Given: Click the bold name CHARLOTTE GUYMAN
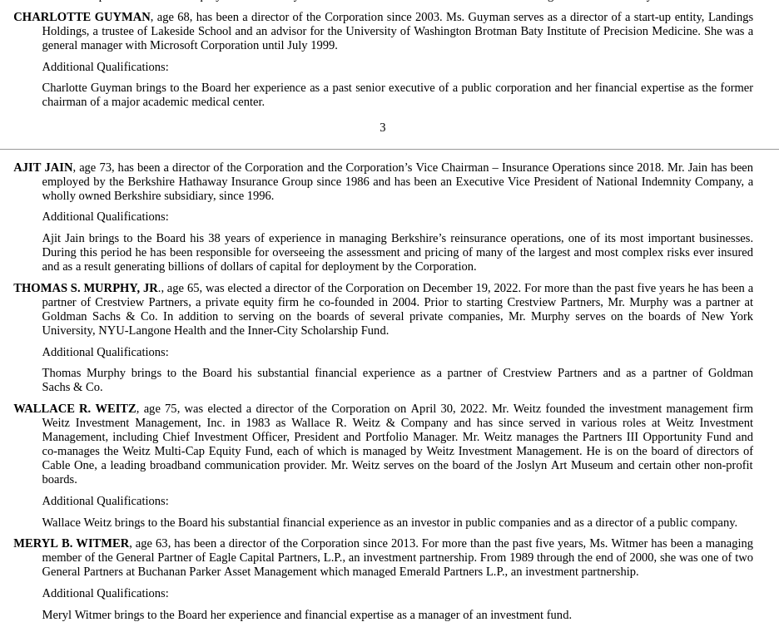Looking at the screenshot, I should (82, 17).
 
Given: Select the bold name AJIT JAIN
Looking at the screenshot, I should (43, 167).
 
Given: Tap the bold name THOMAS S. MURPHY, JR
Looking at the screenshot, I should (86, 288).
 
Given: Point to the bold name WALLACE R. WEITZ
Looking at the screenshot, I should (75, 408).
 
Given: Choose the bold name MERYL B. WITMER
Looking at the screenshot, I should (72, 543).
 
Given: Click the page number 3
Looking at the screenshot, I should (383, 127).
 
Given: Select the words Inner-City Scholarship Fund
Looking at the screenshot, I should (318, 330).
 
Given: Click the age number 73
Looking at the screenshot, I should (105, 167).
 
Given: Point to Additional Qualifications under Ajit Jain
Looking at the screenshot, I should (105, 216).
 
